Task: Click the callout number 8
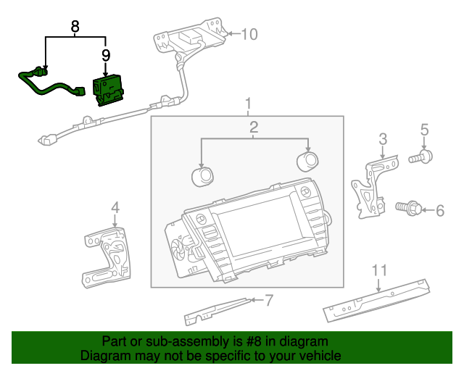pos(75,26)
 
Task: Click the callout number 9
pos(106,55)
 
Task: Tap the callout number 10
pos(249,34)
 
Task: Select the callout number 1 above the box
pos(248,104)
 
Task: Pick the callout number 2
pos(254,127)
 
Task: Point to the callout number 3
pos(383,138)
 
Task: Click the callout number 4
pos(115,207)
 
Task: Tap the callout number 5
pos(424,130)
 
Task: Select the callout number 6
pos(440,211)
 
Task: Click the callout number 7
pos(269,300)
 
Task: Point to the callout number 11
pos(379,270)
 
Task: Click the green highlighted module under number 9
pos(108,90)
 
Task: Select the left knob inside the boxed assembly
pos(202,177)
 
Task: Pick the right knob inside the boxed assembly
pos(307,162)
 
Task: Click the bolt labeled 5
pos(420,157)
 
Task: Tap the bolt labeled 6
pos(409,208)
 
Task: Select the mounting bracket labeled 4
pos(107,257)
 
